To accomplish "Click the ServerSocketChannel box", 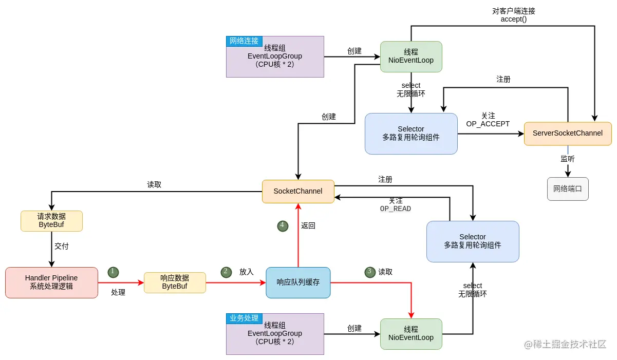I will pos(568,134).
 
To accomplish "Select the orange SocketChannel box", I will pos(298,191).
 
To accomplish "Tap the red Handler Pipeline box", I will pos(51,282).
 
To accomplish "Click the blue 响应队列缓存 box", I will pos(298,282).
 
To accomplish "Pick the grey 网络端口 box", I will pos(568,189).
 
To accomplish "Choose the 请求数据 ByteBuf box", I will pos(51,221).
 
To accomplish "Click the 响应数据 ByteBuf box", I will pos(175,282).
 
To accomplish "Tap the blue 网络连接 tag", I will pos(244,41).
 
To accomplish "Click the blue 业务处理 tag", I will pos(244,318).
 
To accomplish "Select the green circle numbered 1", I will pos(113,272).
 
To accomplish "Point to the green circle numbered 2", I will pos(226,272).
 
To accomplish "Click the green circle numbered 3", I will pos(370,272).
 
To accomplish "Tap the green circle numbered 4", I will pos(282,225).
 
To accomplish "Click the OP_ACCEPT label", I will pos(488,124).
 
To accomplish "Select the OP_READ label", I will pos(395,209).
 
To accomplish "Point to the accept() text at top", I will pos(513,20).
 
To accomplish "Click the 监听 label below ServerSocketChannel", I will pos(568,159).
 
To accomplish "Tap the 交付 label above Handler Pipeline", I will pos(62,247).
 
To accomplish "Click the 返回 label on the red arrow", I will pos(308,225).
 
